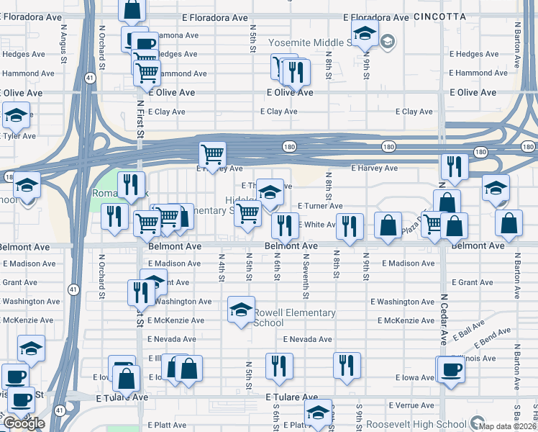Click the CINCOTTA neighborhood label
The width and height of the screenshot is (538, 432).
point(440,16)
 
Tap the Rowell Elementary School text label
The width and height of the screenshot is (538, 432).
point(294,318)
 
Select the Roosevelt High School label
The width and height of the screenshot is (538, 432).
point(416,425)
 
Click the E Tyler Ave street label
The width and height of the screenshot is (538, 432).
point(19,136)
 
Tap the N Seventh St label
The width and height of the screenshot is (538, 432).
point(306,282)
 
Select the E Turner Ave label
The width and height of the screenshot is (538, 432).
point(320,206)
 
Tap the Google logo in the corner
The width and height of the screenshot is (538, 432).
point(24,423)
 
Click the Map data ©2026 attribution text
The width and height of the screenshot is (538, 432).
point(508,426)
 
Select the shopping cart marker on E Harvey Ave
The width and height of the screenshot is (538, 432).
point(212,153)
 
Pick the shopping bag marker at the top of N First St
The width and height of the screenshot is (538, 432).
point(132,10)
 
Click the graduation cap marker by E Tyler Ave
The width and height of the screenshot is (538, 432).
point(16,115)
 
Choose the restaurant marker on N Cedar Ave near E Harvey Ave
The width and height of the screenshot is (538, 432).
point(455,165)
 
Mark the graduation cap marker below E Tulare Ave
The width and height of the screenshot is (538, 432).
point(318,412)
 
